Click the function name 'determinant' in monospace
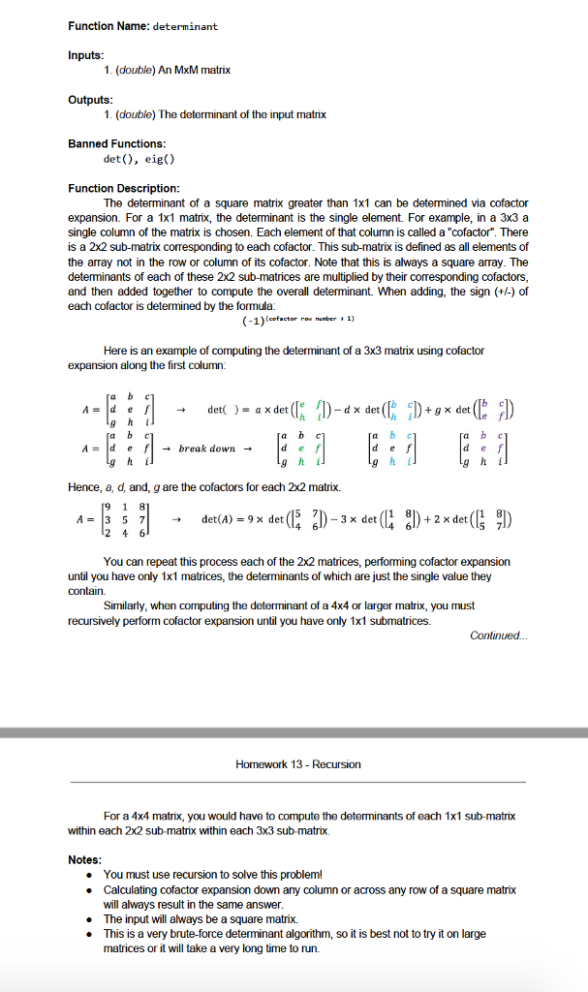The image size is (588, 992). pos(185,26)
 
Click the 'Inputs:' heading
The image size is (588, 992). pos(85,55)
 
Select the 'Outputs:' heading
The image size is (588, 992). pos(90,100)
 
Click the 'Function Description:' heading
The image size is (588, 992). pos(124,188)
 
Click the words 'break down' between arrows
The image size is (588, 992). pos(207,449)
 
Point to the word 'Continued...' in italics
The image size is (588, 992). pos(498,635)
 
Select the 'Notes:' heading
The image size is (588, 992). pos(84,859)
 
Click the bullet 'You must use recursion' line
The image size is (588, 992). pos(212,874)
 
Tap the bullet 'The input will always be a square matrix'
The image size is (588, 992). pos(200,918)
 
